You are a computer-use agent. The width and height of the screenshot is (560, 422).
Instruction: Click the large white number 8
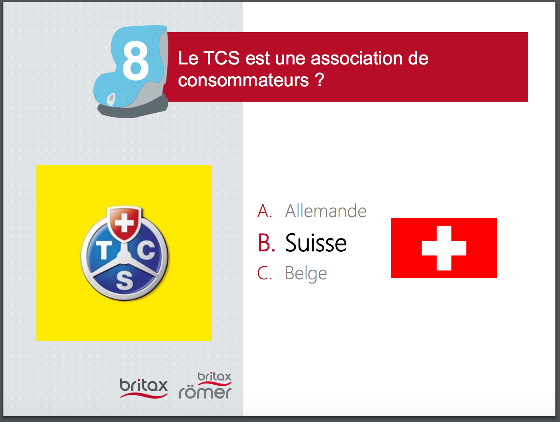pyautogui.click(x=135, y=61)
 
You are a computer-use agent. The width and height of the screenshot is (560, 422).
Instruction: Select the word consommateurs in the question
pyautogui.click(x=244, y=80)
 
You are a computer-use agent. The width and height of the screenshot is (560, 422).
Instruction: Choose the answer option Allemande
pyautogui.click(x=326, y=211)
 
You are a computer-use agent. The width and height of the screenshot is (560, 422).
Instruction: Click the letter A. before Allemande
pyautogui.click(x=265, y=211)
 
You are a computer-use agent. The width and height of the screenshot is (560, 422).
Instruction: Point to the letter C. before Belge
pyautogui.click(x=265, y=273)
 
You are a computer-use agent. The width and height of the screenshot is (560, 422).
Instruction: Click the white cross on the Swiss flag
pyautogui.click(x=444, y=248)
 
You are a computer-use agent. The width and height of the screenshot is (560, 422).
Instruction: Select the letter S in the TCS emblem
pyautogui.click(x=125, y=281)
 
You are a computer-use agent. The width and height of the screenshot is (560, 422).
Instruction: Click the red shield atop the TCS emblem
pyautogui.click(x=124, y=223)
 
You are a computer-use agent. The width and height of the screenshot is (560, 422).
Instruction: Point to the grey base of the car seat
pyautogui.click(x=133, y=109)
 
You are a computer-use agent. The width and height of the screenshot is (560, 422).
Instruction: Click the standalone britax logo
pyautogui.click(x=143, y=388)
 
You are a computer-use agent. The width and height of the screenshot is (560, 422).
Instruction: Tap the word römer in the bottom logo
pyautogui.click(x=205, y=392)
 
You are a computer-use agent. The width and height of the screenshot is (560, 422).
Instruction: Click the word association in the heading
pyautogui.click(x=356, y=58)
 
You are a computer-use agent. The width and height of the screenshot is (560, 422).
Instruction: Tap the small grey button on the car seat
pyautogui.click(x=111, y=99)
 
